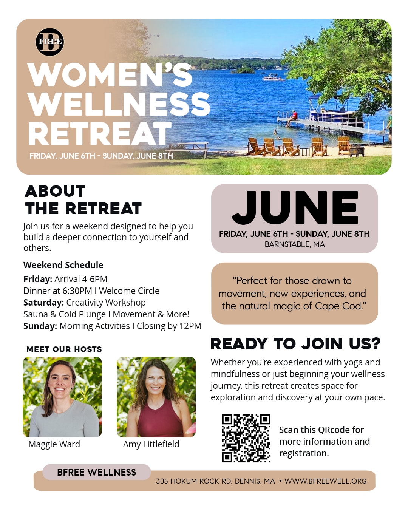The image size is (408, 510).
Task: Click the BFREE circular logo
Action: [x=49, y=42]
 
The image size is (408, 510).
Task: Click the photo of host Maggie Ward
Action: [x=62, y=397]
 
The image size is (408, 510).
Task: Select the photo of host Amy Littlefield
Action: [x=156, y=397]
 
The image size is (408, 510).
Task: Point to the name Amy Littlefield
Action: [x=151, y=444]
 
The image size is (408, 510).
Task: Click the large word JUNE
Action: [x=295, y=207]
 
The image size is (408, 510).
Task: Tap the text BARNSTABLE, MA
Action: [x=295, y=244]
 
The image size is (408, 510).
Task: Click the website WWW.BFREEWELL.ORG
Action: [x=326, y=481]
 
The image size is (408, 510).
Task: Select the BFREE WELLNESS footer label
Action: [x=96, y=472]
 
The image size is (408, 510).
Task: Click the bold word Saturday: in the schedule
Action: [x=43, y=303]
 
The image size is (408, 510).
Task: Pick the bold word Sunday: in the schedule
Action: [x=40, y=326]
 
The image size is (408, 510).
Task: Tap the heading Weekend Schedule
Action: [x=63, y=265]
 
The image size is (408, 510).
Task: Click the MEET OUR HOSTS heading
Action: [x=64, y=349]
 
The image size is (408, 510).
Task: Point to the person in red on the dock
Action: [x=292, y=118]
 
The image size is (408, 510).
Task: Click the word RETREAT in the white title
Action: [x=100, y=134]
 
